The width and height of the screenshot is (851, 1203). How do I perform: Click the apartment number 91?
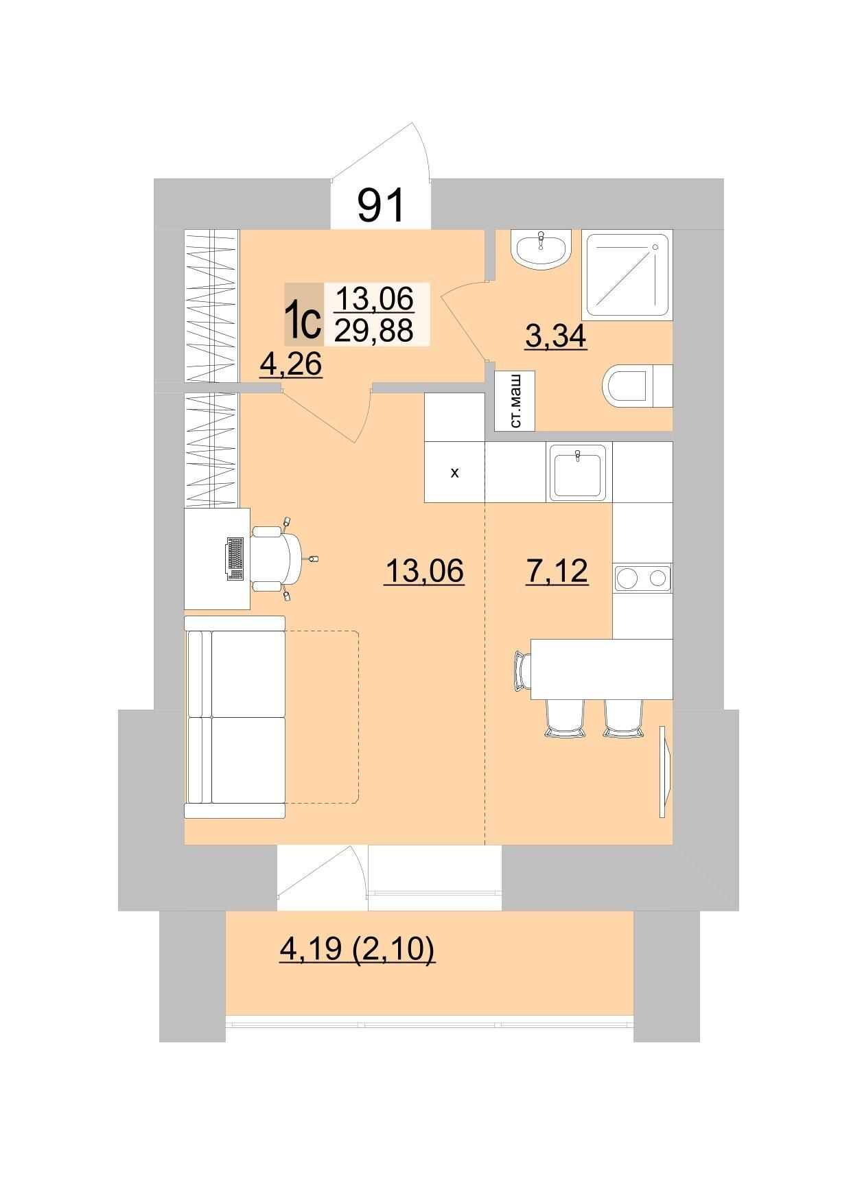pyautogui.click(x=382, y=205)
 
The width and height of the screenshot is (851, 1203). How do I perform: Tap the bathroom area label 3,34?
pyautogui.click(x=555, y=336)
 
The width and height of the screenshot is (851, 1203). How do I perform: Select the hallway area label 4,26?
pyautogui.click(x=291, y=364)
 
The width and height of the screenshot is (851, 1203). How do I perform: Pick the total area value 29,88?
pyautogui.click(x=374, y=331)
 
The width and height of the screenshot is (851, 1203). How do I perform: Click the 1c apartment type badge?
pyautogui.click(x=303, y=315)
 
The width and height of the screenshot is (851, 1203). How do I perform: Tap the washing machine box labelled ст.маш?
pyautogui.click(x=515, y=401)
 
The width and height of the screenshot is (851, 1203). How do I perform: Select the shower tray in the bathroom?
pyautogui.click(x=627, y=275)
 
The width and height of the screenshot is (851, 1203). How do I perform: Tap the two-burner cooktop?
pyautogui.click(x=642, y=579)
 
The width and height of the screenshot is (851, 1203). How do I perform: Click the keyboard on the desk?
pyautogui.click(x=235, y=559)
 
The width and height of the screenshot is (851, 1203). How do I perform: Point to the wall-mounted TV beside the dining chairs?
pyautogui.click(x=664, y=771)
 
